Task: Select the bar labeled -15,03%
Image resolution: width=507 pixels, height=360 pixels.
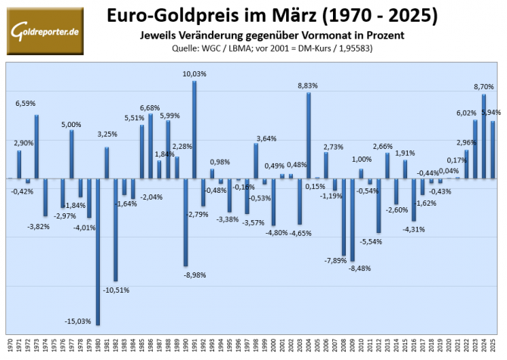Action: [98, 251]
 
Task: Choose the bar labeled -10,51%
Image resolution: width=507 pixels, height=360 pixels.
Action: [116, 229]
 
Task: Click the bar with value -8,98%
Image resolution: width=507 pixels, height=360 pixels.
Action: [185, 222]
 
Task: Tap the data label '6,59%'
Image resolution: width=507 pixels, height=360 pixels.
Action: [27, 104]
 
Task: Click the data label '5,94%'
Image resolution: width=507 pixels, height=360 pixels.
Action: [493, 112]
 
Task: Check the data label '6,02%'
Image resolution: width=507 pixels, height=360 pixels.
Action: [467, 113]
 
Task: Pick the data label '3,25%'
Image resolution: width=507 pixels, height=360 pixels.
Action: [107, 134]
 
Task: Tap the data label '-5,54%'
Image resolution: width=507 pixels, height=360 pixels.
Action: [371, 241]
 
